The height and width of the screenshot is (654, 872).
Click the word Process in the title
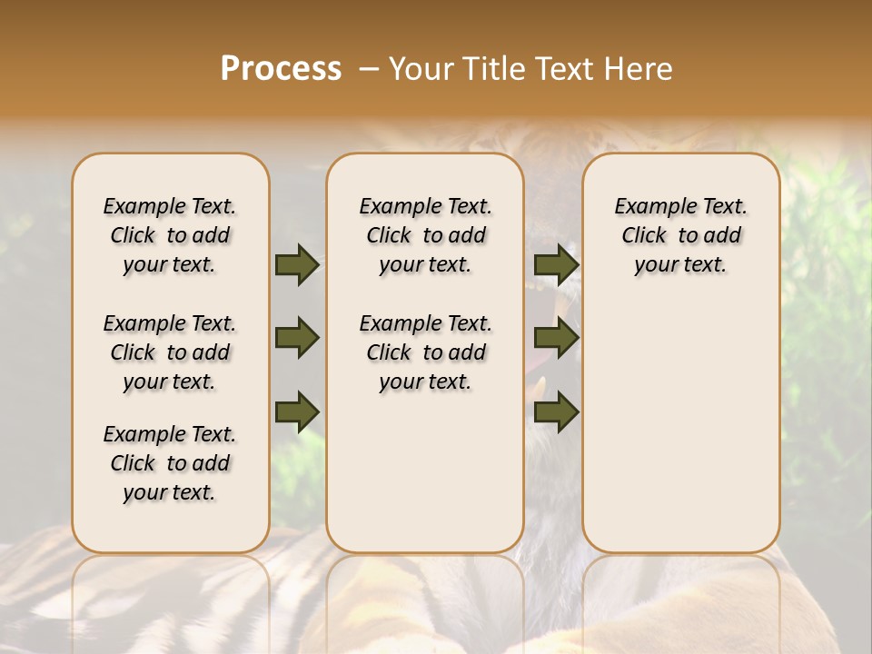point(281,69)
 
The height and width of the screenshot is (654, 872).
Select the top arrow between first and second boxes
point(297,264)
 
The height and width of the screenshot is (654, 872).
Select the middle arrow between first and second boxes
point(297,338)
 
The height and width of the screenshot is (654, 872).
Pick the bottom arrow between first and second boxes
point(297,411)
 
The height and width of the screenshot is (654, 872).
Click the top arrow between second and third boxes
point(556,264)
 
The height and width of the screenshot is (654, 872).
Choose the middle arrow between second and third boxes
point(556,338)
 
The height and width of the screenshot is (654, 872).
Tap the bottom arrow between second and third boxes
point(556,411)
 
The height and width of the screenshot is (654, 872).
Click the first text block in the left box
point(170,235)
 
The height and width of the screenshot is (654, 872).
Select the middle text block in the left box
point(170,352)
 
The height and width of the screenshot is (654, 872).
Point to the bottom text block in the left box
point(170,463)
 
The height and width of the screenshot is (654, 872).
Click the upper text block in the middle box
point(425,235)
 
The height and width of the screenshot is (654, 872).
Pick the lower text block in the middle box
point(425,352)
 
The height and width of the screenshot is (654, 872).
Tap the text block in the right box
point(680,235)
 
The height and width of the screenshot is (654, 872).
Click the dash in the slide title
point(369,69)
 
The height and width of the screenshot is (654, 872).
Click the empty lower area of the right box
point(680,427)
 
